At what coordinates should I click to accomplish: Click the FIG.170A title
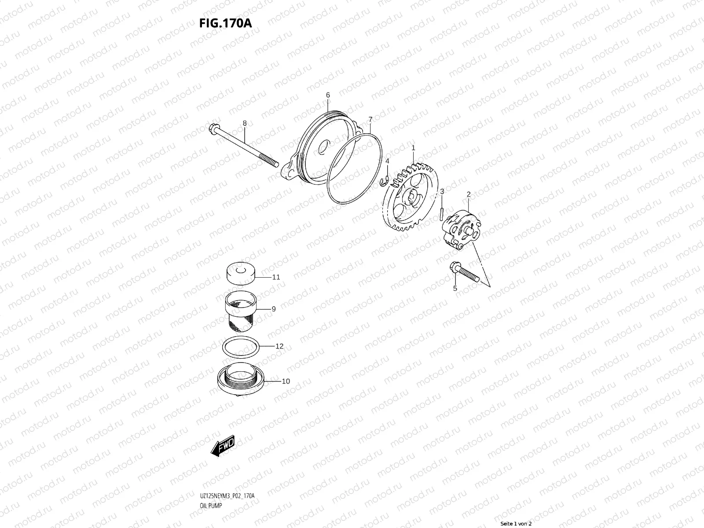pyautogui.click(x=225, y=23)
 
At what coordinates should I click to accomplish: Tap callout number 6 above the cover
pyautogui.click(x=328, y=95)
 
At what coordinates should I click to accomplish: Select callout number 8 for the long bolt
pyautogui.click(x=245, y=124)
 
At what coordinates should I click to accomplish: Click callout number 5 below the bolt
pyautogui.click(x=455, y=289)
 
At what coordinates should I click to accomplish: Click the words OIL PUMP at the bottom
pyautogui.click(x=207, y=506)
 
